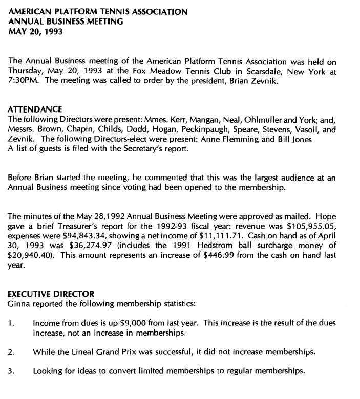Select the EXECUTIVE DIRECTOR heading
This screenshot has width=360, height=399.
point(51,294)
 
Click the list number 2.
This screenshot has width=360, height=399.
point(11,352)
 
